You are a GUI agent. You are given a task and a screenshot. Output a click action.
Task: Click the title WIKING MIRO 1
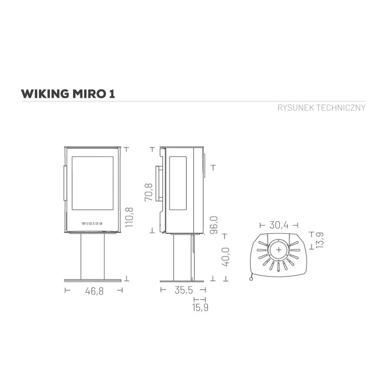point(68,94)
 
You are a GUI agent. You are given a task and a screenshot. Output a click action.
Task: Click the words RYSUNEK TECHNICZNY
point(321,108)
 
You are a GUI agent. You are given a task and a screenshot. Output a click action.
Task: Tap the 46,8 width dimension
point(94,291)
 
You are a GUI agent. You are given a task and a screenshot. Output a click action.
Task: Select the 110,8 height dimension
point(129,217)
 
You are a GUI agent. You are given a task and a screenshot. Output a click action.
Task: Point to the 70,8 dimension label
point(149,192)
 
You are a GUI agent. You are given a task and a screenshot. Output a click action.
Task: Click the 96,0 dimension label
point(214,224)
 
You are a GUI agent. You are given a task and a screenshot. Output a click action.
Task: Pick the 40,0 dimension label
point(226,257)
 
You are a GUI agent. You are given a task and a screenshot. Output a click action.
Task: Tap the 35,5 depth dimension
point(183,290)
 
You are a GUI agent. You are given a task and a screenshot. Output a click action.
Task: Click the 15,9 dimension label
point(200,307)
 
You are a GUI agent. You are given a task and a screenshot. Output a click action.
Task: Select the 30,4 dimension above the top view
point(279,225)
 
